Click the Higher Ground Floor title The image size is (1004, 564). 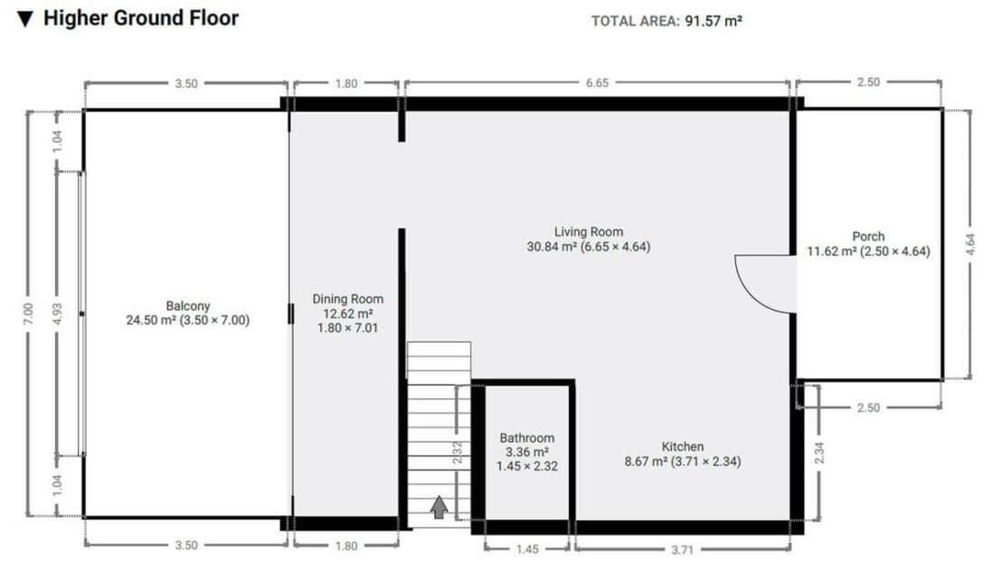pos(141,18)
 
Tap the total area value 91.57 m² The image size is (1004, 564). pos(714,21)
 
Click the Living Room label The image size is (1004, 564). pos(589,232)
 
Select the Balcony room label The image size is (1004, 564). pos(187,306)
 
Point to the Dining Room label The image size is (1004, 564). pos(347,299)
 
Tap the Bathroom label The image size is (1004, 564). pos(527,438)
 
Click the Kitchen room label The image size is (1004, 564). pos(683,446)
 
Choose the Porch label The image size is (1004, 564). pos(868,236)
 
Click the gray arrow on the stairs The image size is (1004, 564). pos(439,507)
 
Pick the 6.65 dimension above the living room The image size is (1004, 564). pos(597,82)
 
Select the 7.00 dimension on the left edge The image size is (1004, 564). pos(28,313)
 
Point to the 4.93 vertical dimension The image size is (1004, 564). pos(58,313)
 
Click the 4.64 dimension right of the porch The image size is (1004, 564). pos(970,244)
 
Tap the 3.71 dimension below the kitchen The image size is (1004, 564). pos(683,550)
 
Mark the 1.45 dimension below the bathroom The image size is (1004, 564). pos(527,550)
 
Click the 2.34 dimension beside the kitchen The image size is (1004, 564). pos(819,454)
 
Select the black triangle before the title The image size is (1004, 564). pos(25,19)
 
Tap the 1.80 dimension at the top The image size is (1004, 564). pos(346,83)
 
